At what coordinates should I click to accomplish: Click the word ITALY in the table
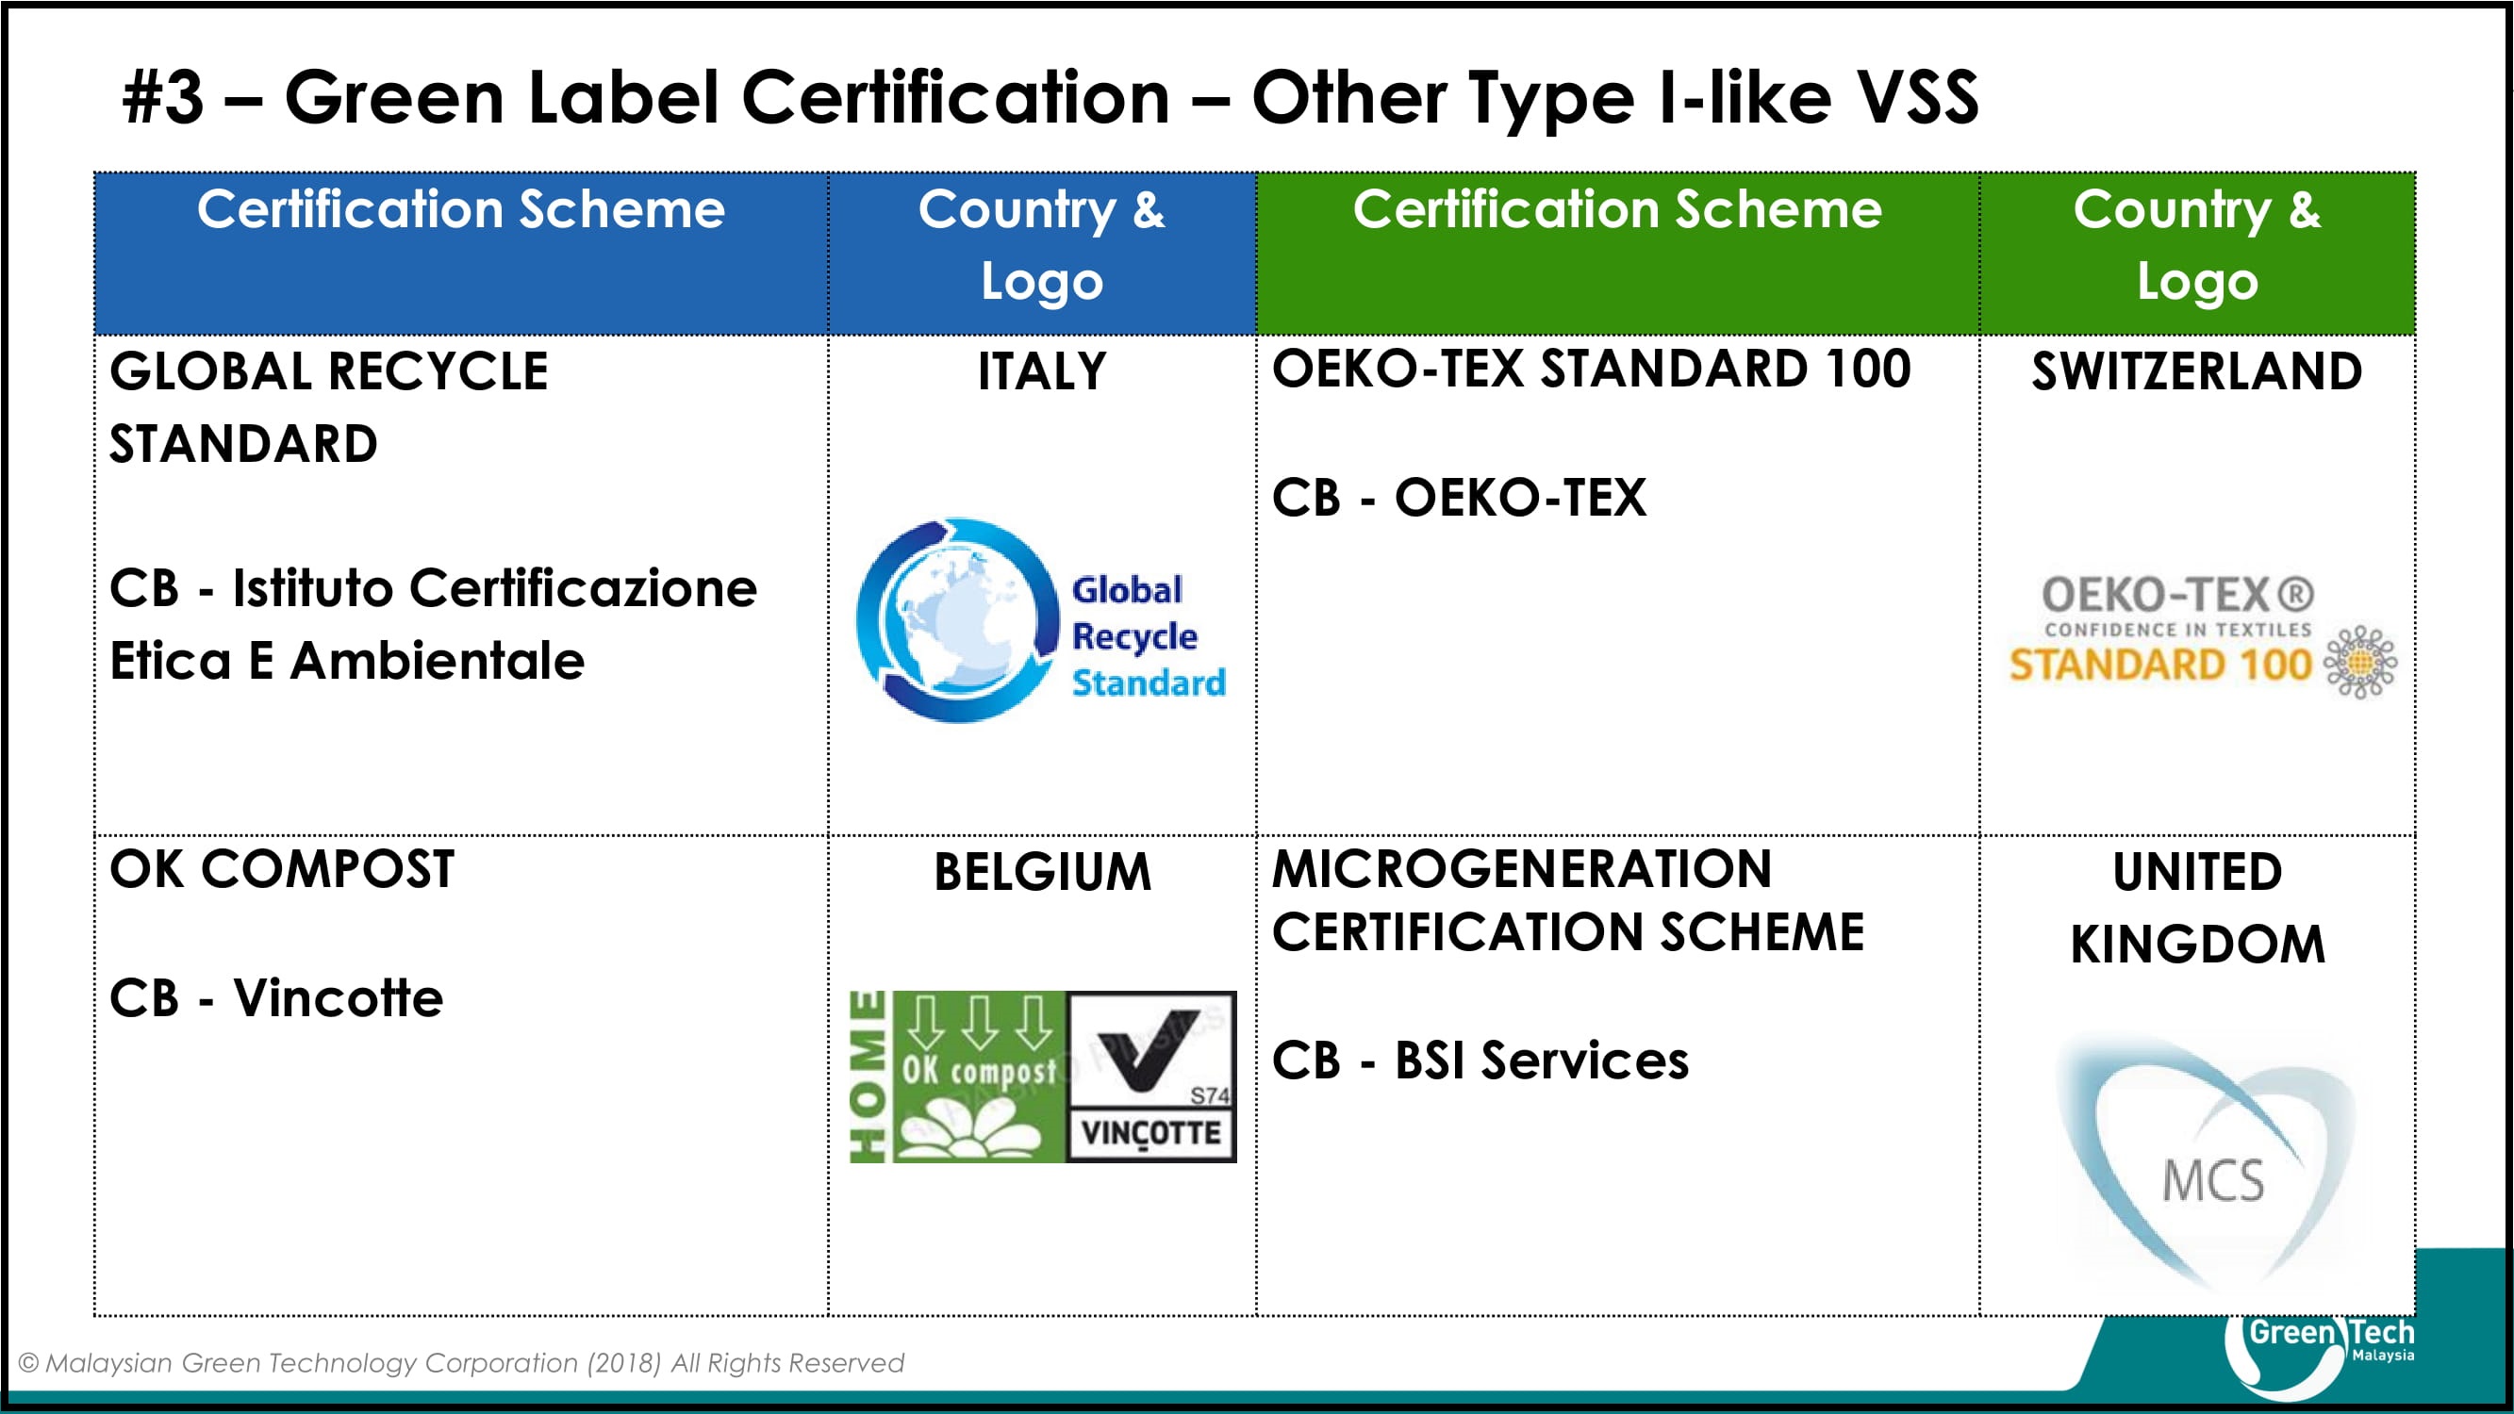click(1042, 371)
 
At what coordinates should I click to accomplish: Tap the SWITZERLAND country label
click(2197, 371)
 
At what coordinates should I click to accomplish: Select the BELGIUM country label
click(1042, 871)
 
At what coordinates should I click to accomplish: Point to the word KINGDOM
click(2198, 944)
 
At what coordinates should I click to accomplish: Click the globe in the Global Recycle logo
click(959, 619)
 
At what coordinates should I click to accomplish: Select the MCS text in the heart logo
click(2212, 1181)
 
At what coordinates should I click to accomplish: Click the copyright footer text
click(462, 1362)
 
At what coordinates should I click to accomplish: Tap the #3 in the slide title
click(164, 99)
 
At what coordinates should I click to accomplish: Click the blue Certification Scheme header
click(460, 209)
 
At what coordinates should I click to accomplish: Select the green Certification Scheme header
click(1617, 209)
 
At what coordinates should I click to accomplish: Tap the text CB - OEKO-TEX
click(1459, 498)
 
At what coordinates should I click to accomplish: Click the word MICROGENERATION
click(1521, 868)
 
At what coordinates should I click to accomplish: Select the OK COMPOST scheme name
click(282, 868)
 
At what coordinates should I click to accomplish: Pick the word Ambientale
click(438, 661)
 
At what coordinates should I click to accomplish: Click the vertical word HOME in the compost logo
click(868, 1077)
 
